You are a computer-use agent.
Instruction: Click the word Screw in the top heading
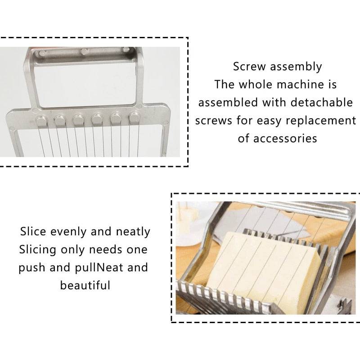[x=249, y=67]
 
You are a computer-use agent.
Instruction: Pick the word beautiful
[x=85, y=285]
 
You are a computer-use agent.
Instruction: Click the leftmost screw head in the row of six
[x=41, y=120]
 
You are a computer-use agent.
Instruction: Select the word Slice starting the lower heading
[x=33, y=232]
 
